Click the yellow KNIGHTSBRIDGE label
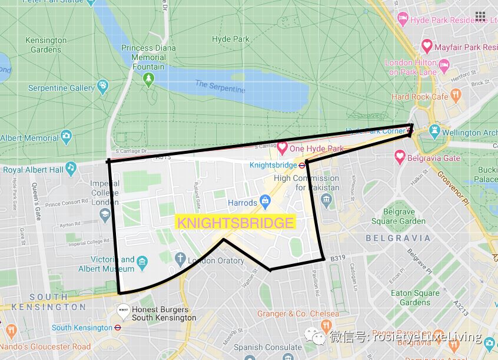click(235, 223)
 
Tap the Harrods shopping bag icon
click(265, 202)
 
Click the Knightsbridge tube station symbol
click(300, 166)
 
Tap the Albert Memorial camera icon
click(66, 137)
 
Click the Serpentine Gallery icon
click(102, 87)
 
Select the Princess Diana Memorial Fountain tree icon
click(148, 79)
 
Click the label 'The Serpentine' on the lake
click(220, 87)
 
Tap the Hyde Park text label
click(231, 39)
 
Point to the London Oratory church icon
click(179, 260)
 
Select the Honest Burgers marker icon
click(123, 311)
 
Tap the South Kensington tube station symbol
click(118, 328)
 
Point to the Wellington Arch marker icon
click(434, 131)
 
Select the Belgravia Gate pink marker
click(401, 157)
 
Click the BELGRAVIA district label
click(398, 238)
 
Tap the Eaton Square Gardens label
click(415, 298)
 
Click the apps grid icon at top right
click(480, 16)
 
